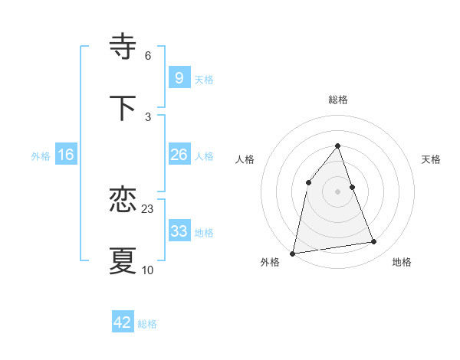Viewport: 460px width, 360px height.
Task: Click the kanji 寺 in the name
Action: pyautogui.click(x=123, y=47)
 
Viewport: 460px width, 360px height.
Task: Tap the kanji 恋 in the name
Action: pyautogui.click(x=123, y=201)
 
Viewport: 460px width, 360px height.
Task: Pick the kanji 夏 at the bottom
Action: pyautogui.click(x=123, y=260)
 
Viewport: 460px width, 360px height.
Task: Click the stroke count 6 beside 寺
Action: pyautogui.click(x=148, y=56)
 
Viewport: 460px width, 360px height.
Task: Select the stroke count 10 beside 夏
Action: pyautogui.click(x=148, y=270)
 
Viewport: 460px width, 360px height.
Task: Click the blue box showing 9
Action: pyautogui.click(x=179, y=78)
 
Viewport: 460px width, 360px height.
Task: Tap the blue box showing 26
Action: pyautogui.click(x=179, y=155)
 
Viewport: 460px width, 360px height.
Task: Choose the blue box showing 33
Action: pyautogui.click(x=179, y=231)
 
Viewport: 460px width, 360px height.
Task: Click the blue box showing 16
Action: pyautogui.click(x=66, y=155)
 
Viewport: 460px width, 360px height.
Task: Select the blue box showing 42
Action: pyautogui.click(x=123, y=322)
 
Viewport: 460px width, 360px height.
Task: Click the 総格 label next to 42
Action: pyautogui.click(x=147, y=324)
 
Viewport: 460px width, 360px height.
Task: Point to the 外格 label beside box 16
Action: pyautogui.click(x=41, y=155)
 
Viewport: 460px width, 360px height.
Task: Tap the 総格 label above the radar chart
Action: pyautogui.click(x=338, y=100)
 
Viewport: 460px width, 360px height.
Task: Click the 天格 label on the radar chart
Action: pyautogui.click(x=432, y=159)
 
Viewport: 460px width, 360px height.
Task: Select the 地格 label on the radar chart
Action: pyautogui.click(x=402, y=262)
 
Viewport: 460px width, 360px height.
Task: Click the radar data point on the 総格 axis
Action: pyautogui.click(x=338, y=146)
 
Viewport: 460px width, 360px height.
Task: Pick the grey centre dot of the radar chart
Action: pyautogui.click(x=338, y=191)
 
